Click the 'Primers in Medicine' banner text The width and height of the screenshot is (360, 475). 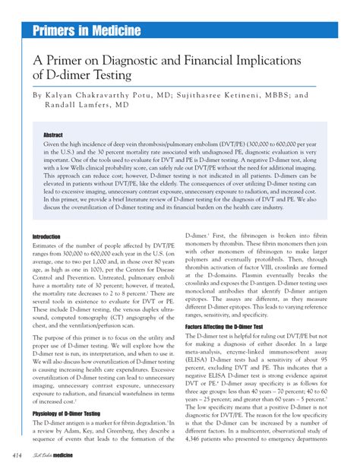tap(86, 30)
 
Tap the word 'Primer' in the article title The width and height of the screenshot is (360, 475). tap(68, 61)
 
